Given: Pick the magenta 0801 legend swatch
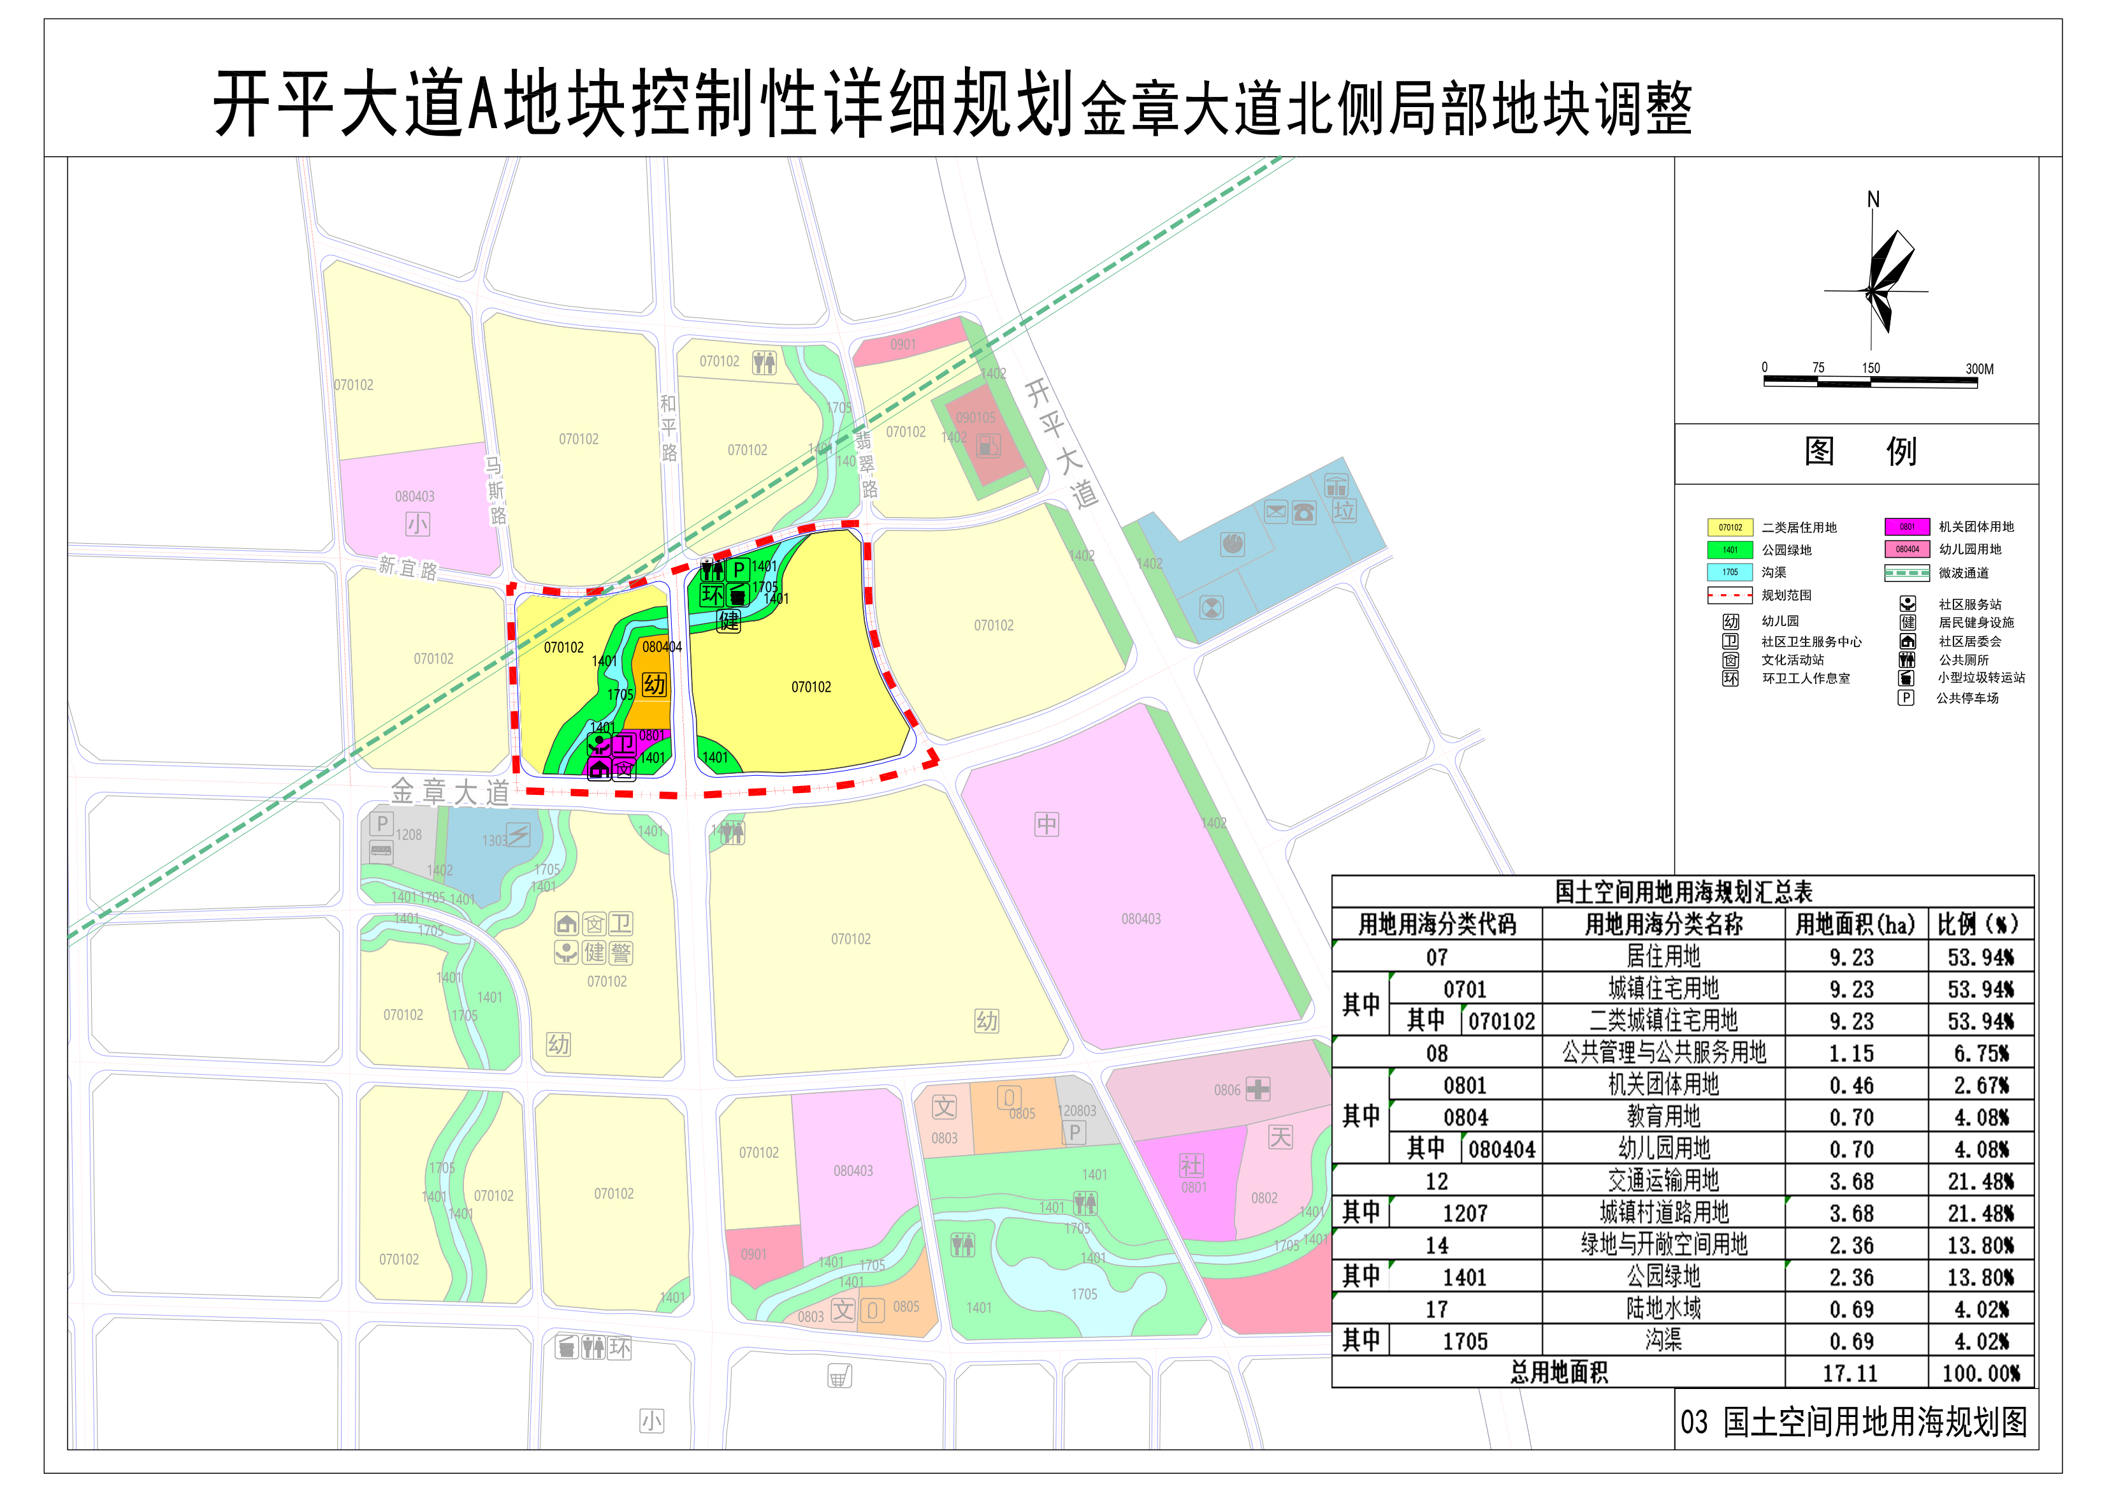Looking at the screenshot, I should [1907, 527].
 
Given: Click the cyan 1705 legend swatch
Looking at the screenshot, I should [1730, 572].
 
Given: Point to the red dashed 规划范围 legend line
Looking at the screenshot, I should [1730, 595].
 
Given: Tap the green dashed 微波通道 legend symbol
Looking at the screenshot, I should [1907, 573].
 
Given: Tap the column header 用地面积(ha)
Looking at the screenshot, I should [1855, 925].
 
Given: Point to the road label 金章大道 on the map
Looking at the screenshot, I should [450, 791].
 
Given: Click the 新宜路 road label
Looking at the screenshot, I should [408, 569].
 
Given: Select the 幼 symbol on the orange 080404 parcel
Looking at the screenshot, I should [654, 685].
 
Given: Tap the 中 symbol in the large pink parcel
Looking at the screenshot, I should [1047, 824].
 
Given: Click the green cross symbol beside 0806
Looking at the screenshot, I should [1257, 1089].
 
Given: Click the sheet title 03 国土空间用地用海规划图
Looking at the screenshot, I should [1853, 1422].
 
